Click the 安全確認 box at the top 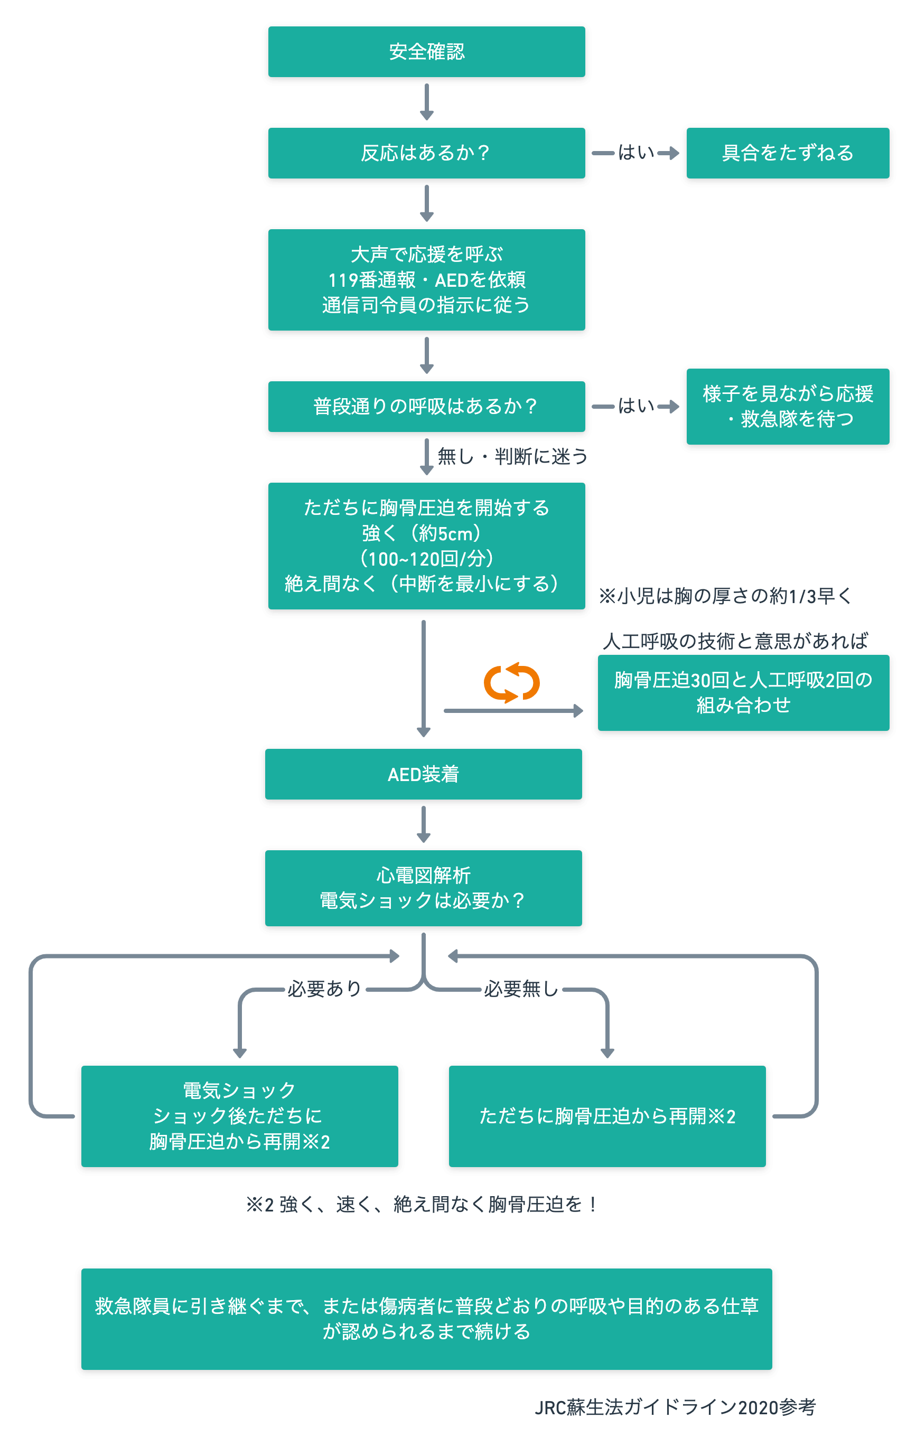coord(426,52)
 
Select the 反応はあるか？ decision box coord(426,153)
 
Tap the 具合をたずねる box coord(788,153)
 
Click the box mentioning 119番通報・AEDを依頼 coord(426,279)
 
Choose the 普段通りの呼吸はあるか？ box coord(426,406)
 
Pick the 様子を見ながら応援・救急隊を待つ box coord(788,406)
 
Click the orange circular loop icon coord(511,683)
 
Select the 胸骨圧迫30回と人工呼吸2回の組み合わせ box coord(743,692)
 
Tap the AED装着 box coord(423,774)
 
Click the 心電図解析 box coord(423,888)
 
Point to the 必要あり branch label coord(324,989)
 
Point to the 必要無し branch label coord(521,989)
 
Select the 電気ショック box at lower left coord(239,1116)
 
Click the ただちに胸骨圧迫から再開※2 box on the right coord(607,1116)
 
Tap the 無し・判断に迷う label coord(511,457)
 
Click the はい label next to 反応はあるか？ coord(636,153)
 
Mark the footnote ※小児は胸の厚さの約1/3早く coord(725,596)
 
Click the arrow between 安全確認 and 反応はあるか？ coord(427,102)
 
